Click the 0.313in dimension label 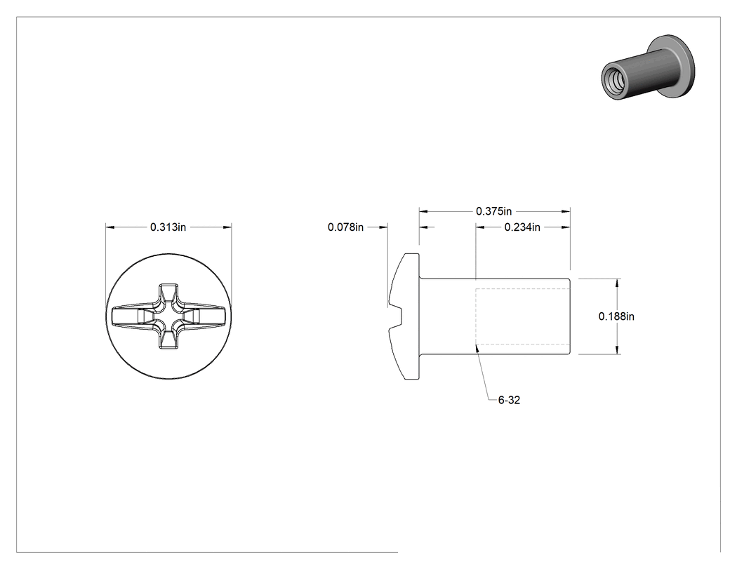click(x=168, y=227)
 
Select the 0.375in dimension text click(x=493, y=211)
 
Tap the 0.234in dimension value click(x=522, y=227)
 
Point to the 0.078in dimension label click(x=345, y=227)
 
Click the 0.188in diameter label click(x=616, y=316)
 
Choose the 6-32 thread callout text click(x=509, y=400)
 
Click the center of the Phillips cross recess click(x=168, y=316)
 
